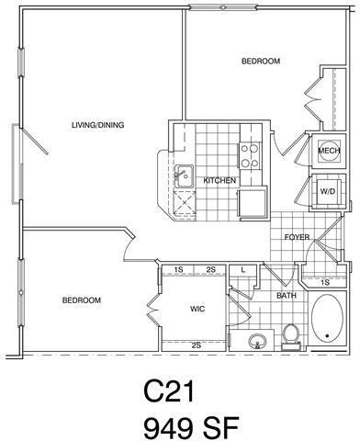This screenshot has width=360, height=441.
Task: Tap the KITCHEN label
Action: (220, 179)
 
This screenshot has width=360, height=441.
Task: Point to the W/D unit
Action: (327, 191)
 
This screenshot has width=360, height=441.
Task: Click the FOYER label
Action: (296, 236)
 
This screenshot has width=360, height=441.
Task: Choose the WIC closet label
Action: (197, 309)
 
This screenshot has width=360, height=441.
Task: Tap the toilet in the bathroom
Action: (291, 337)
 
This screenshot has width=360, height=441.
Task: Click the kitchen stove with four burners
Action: (250, 146)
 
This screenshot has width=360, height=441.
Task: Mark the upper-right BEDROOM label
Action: (261, 62)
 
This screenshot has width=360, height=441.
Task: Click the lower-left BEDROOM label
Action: (82, 300)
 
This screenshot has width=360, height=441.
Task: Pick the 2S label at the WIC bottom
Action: (197, 345)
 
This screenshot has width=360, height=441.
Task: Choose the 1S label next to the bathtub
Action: (326, 281)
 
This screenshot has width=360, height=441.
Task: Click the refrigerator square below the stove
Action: (251, 202)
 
